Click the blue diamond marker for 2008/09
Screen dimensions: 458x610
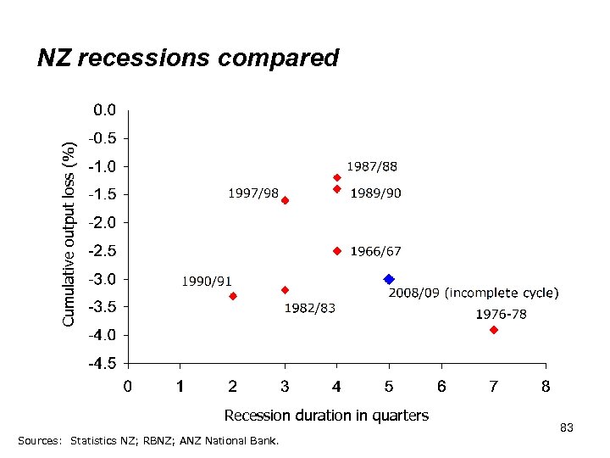(389, 279)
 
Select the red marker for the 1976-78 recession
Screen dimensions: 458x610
(494, 330)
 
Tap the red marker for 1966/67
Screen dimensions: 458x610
(336, 251)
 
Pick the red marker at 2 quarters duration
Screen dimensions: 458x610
(233, 296)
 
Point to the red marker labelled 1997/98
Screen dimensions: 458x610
(285, 201)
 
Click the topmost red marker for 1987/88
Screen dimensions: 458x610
(336, 177)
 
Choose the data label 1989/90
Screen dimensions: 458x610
(375, 193)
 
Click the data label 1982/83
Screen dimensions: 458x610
(309, 308)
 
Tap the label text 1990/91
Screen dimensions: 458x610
(208, 281)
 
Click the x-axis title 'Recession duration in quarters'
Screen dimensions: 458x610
(326, 416)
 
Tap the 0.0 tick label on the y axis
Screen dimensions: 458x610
(105, 109)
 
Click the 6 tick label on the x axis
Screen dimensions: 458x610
(441, 387)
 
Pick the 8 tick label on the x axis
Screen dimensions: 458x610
(546, 387)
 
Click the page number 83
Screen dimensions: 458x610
(567, 428)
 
